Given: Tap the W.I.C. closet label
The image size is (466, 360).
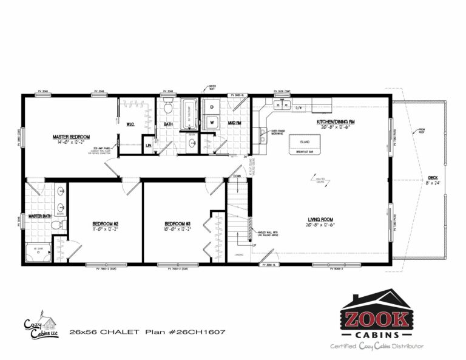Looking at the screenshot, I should pyautogui.click(x=130, y=124).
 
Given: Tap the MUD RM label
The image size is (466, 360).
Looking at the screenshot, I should pyautogui.click(x=235, y=123).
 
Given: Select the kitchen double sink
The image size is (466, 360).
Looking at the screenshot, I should pyautogui.click(x=281, y=104).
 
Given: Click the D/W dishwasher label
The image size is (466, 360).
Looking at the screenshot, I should pyautogui.click(x=299, y=109).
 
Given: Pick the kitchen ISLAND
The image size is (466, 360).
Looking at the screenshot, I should pyautogui.click(x=305, y=143).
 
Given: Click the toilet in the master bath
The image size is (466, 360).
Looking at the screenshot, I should pyautogui.click(x=56, y=225).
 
